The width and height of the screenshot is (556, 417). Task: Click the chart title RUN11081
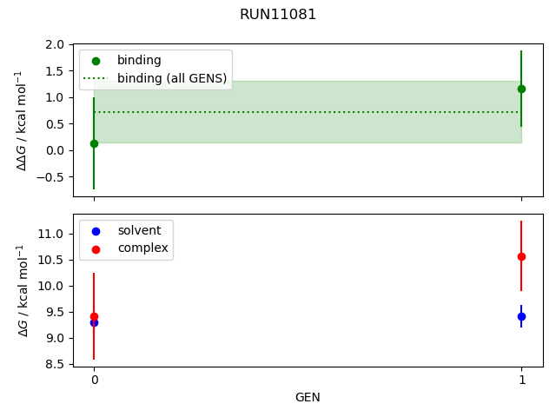278,15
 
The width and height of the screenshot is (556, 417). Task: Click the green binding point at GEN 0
94,143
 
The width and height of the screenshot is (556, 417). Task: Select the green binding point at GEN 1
521,89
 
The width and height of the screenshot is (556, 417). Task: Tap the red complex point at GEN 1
521,256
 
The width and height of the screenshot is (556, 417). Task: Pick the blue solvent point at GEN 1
521,316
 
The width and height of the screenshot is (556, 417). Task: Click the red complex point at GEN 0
94,317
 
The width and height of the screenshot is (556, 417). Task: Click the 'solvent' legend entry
139,230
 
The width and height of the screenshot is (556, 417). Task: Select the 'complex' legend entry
142,248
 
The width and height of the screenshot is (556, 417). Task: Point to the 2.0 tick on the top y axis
56,44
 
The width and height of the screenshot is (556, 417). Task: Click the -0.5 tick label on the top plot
53,176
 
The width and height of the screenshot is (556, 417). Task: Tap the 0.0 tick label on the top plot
56,150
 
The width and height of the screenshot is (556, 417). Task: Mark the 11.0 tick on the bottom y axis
54,234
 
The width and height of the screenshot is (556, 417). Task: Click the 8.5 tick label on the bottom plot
56,364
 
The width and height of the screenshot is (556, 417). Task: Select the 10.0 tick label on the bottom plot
54,286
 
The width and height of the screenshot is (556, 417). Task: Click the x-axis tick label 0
94,381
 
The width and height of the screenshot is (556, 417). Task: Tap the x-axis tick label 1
521,381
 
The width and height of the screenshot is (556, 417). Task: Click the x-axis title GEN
308,398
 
